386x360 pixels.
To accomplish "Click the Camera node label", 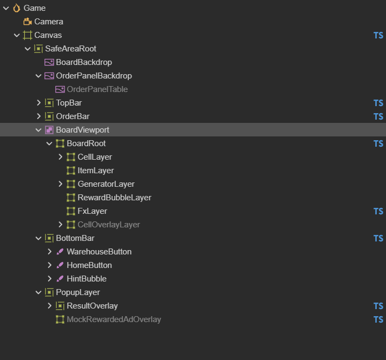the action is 49,22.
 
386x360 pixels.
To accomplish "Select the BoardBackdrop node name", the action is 84,62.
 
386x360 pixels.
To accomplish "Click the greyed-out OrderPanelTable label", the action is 97,89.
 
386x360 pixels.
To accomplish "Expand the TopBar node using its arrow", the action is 38,103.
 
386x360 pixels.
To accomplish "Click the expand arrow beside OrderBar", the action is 38,116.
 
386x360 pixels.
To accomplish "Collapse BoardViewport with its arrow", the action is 38,130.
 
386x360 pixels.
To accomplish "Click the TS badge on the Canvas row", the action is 378,35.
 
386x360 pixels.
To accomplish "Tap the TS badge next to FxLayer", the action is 378,211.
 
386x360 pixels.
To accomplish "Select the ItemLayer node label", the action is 96,171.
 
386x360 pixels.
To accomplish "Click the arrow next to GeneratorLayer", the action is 60,184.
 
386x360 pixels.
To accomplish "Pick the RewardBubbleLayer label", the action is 114,198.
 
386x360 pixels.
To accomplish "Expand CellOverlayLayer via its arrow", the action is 60,225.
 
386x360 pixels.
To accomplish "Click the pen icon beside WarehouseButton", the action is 60,252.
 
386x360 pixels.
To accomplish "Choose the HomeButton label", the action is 89,265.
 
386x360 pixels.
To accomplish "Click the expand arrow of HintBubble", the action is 49,279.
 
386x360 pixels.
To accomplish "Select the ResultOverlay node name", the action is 93,306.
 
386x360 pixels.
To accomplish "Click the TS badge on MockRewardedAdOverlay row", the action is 378,319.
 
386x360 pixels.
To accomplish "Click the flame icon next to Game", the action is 16,8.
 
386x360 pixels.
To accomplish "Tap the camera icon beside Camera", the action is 28,22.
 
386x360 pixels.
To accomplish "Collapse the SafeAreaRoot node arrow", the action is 28,49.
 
